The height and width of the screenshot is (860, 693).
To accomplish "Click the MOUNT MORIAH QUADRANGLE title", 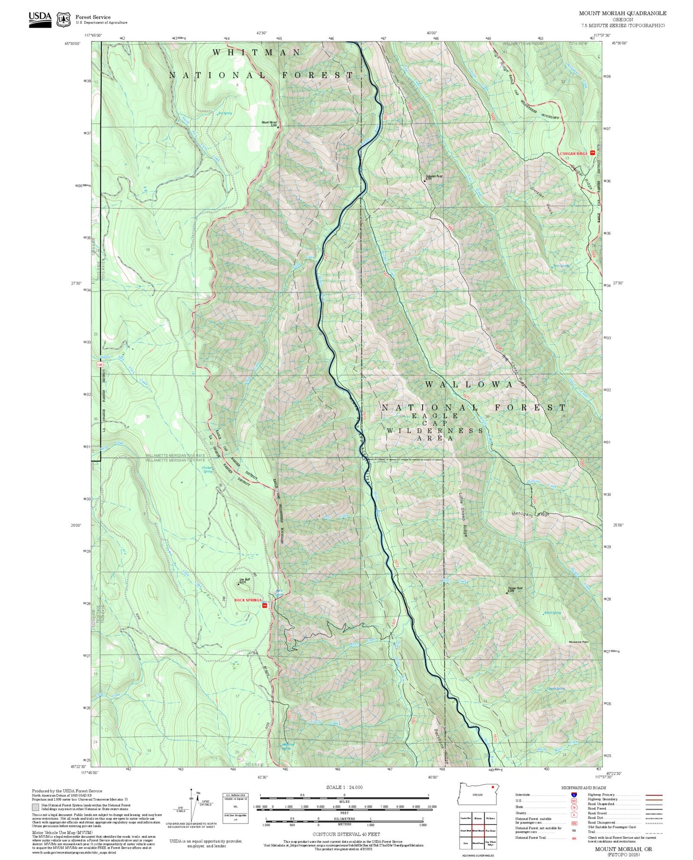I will [622, 13].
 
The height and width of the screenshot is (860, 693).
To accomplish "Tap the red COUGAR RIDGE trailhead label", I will [574, 153].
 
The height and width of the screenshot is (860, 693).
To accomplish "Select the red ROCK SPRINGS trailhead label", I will [247, 600].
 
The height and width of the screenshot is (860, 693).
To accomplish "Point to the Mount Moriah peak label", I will [269, 123].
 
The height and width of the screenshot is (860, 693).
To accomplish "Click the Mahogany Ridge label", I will [529, 515].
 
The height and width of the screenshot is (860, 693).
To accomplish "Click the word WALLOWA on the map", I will [469, 384].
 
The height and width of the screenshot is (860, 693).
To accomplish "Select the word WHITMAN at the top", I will [257, 52].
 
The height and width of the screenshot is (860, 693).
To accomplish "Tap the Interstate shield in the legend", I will [574, 808].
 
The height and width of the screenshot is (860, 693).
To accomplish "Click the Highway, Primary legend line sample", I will [654, 808].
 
